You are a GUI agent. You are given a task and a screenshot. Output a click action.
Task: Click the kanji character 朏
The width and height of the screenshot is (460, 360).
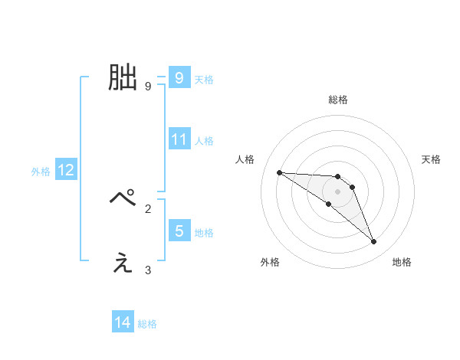[123, 77]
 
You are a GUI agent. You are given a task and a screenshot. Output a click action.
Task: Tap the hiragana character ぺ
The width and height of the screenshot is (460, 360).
[123, 198]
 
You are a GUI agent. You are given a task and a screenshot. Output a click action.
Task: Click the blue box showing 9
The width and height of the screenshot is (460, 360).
[179, 77]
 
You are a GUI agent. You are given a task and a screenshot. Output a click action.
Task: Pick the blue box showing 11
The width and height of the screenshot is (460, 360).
[179, 139]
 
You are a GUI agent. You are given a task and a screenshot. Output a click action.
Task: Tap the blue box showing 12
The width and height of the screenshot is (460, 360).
[65, 171]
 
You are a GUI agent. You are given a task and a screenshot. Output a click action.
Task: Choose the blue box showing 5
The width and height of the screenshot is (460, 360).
[179, 231]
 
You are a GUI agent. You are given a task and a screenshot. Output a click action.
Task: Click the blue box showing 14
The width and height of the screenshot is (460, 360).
[123, 323]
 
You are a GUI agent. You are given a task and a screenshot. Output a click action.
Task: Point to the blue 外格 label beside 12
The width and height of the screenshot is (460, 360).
[41, 172]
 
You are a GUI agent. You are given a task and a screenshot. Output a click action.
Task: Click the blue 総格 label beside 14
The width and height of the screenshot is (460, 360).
[147, 324]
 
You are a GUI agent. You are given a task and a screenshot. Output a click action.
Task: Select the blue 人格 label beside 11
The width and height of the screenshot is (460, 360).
[204, 140]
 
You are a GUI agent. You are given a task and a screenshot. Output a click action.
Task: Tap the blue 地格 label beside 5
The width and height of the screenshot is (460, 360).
[204, 232]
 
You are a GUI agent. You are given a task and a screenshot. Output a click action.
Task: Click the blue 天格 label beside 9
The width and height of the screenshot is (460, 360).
[204, 78]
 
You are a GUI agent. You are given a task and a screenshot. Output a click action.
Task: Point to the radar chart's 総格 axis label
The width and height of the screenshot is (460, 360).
[337, 100]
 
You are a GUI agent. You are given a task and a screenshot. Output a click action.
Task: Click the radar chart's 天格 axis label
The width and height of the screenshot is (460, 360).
[432, 159]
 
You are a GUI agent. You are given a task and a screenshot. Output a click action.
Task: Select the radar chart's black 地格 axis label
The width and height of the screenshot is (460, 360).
[402, 262]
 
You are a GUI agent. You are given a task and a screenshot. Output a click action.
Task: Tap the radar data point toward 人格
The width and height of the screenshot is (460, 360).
[279, 172]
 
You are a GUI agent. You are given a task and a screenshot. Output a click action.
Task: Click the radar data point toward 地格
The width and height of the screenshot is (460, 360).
[373, 242]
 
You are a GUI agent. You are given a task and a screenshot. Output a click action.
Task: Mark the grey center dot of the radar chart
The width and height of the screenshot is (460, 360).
[337, 191]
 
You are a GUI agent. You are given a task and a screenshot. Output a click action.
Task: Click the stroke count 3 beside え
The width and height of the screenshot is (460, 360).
[148, 270]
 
